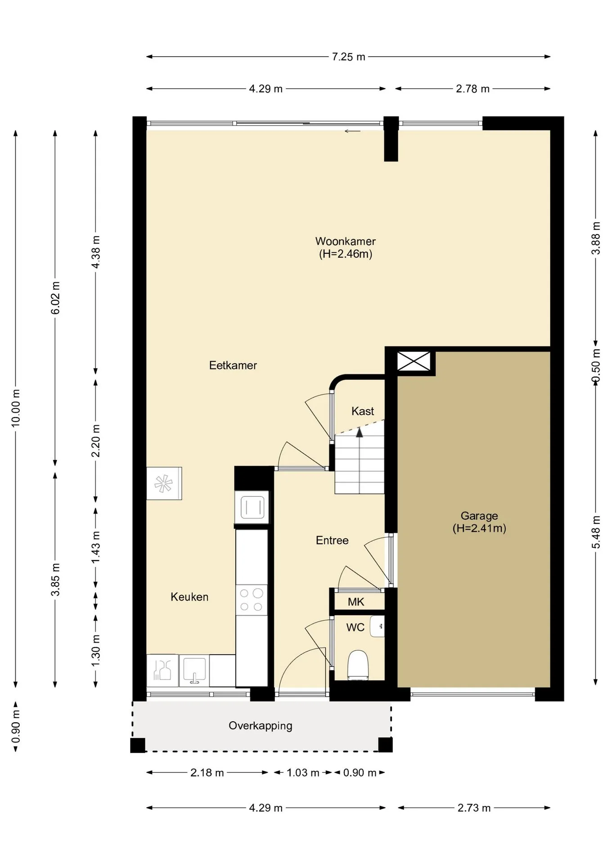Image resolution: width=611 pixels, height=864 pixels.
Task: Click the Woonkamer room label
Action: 345,242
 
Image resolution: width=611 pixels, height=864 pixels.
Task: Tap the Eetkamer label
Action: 233,365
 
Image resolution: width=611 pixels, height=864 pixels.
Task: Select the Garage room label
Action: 479,516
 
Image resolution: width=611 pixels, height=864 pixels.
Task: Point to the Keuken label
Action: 189,597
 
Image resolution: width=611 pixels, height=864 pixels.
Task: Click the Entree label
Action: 332,540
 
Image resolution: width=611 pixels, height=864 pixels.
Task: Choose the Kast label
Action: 363,411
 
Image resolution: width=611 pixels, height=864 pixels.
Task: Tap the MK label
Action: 356,602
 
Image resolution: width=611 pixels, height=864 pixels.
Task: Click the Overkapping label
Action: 261,726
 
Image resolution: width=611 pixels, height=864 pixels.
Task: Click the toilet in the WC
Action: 358,665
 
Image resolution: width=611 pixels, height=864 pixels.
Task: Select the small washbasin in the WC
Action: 377,626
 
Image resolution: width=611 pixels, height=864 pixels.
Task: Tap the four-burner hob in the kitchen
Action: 252,600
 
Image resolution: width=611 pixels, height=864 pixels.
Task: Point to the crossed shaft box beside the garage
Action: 414,361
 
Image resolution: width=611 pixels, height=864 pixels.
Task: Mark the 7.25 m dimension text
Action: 349,57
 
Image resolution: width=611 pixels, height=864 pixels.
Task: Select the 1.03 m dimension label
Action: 303,773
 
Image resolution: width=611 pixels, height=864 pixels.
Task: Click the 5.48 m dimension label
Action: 596,532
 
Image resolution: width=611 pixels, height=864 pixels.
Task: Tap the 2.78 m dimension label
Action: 472,89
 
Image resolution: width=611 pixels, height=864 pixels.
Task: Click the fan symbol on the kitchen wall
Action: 164,484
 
